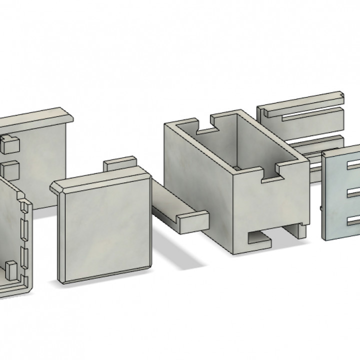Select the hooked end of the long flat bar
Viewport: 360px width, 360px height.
(x=192, y=221)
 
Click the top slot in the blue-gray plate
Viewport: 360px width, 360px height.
(x=353, y=165)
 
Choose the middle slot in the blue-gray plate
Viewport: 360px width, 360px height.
(x=353, y=193)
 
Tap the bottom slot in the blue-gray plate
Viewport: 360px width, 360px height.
(x=353, y=220)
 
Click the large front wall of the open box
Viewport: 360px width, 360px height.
(x=197, y=185)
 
